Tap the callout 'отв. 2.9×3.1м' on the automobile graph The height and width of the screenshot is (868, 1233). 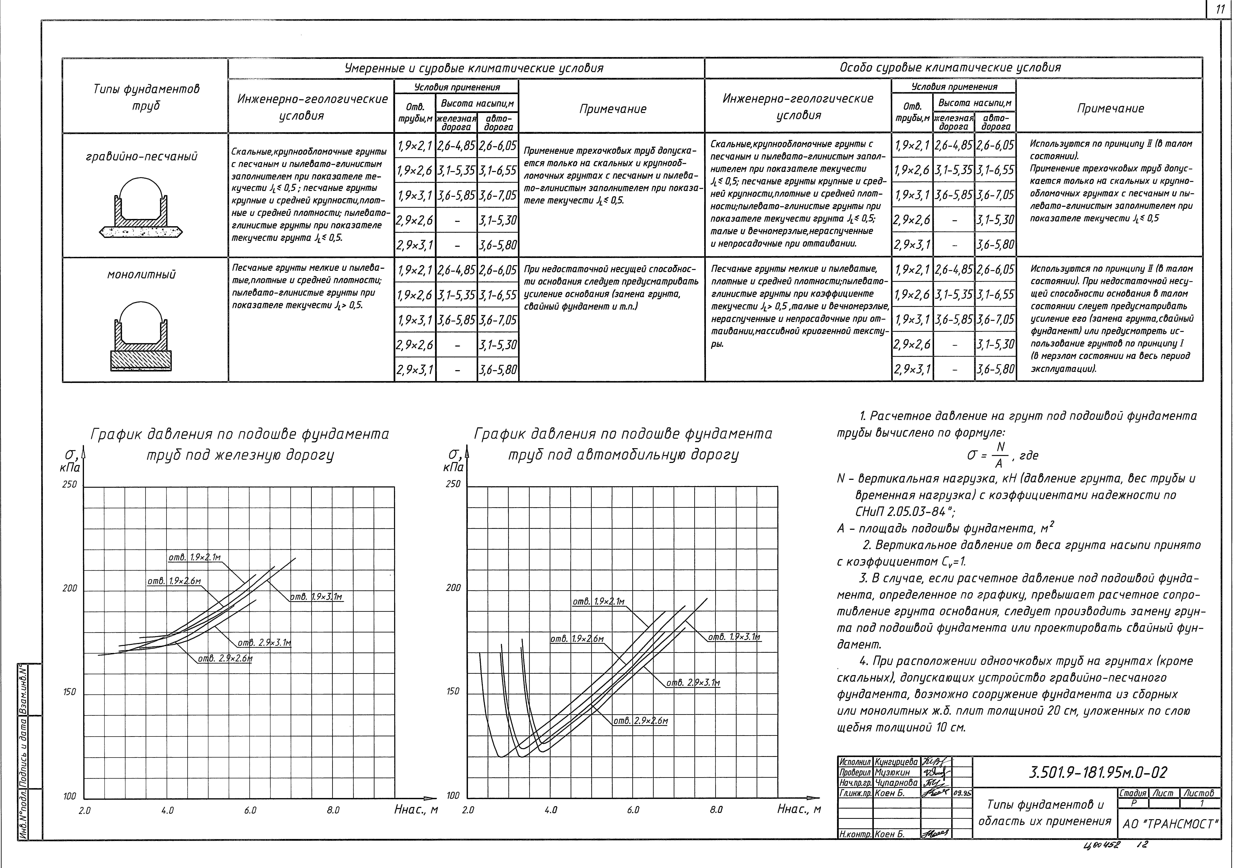(x=693, y=683)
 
